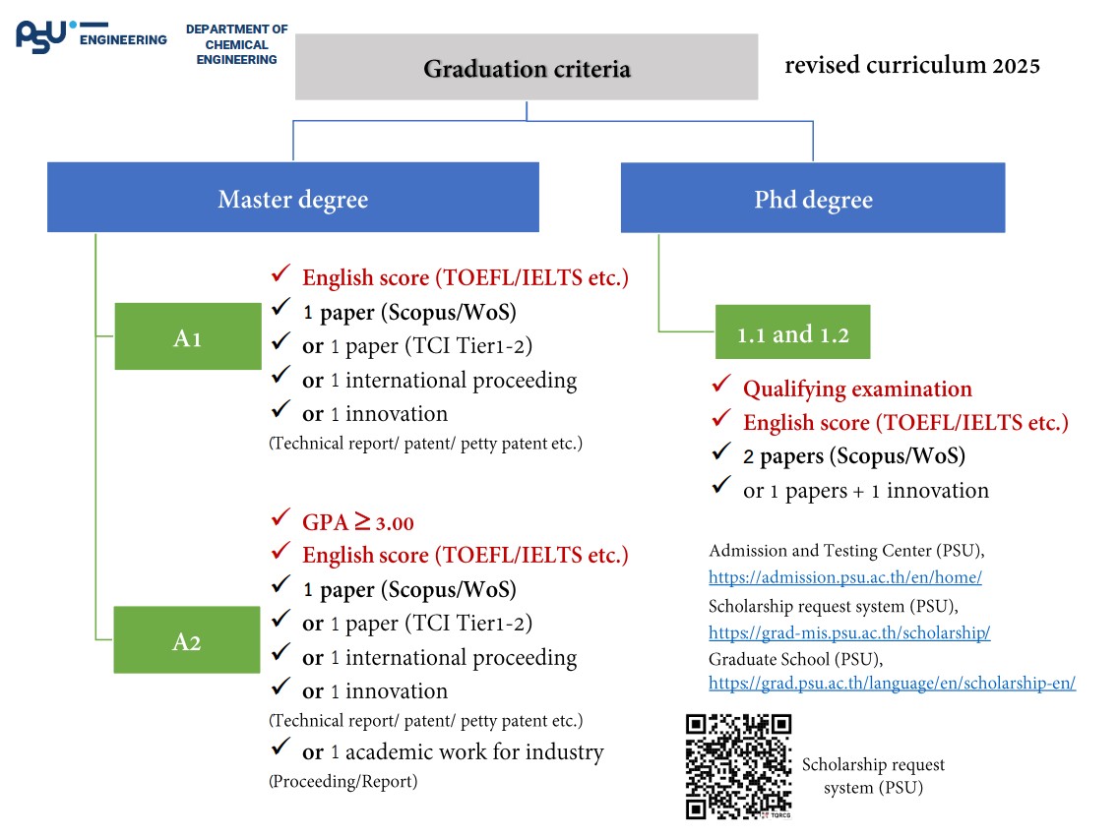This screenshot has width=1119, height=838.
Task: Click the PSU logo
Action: tap(44, 35)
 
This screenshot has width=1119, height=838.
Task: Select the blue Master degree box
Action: tap(293, 198)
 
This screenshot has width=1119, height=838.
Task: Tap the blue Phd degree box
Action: tap(813, 198)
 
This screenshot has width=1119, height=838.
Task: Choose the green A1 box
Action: tap(187, 337)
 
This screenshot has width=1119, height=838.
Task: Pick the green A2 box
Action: tap(187, 640)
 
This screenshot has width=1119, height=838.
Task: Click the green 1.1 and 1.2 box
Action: tap(793, 334)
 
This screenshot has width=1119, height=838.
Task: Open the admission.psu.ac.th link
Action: tap(844, 577)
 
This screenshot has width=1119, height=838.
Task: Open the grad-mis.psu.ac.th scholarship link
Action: tap(848, 632)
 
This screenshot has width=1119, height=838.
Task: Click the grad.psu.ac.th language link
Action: tap(892, 683)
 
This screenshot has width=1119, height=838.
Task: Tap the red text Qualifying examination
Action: tap(857, 389)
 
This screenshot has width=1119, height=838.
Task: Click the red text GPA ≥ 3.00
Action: tap(358, 522)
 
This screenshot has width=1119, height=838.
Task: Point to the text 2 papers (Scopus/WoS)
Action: tap(854, 456)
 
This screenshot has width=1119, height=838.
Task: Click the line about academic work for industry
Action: tap(453, 752)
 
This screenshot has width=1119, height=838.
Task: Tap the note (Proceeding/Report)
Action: tap(342, 782)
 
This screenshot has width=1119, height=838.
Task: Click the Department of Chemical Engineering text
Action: tap(236, 44)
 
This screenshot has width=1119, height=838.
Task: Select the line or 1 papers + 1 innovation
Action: tap(866, 490)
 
